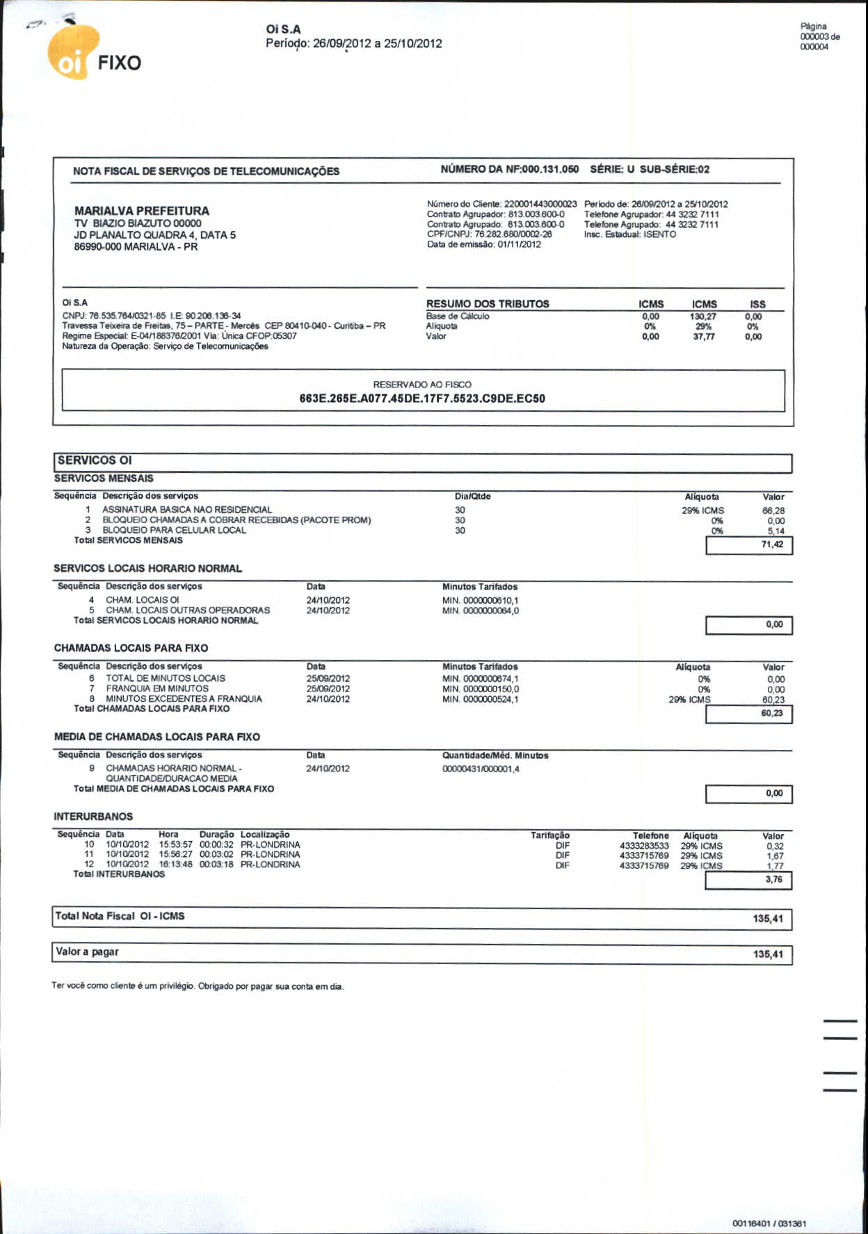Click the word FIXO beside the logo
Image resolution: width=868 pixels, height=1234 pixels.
pos(119,63)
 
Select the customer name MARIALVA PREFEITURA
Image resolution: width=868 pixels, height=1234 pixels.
pos(141,211)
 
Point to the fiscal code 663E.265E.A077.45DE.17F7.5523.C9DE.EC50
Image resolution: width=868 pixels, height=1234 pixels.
pos(422,399)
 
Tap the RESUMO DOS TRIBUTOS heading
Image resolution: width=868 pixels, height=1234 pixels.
pos(488,304)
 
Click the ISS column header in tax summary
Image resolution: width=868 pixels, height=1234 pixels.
pos(757,305)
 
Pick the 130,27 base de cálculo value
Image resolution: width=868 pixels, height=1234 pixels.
pos(703,316)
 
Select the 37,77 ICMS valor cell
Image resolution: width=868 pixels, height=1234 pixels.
pos(703,337)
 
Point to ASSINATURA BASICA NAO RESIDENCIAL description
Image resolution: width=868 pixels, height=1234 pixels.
pos(186,510)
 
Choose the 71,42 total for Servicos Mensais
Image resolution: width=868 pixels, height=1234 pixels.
pos(771,545)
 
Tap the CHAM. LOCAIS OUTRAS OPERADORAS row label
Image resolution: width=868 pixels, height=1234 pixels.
pos(188,610)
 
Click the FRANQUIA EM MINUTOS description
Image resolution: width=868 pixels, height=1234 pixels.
pos(157,689)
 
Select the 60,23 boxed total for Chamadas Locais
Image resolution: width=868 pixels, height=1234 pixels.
pos(771,714)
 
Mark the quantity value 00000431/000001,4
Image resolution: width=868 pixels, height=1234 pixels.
pos(481,769)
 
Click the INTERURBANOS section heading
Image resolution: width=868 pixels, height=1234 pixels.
pos(93,817)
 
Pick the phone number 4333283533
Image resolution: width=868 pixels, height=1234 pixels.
pos(644,846)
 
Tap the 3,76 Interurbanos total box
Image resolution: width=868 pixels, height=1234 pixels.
pos(773,880)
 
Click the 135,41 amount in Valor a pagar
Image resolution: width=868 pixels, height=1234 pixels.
pos(768,954)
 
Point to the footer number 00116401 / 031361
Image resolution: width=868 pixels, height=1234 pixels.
pos(769,1223)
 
